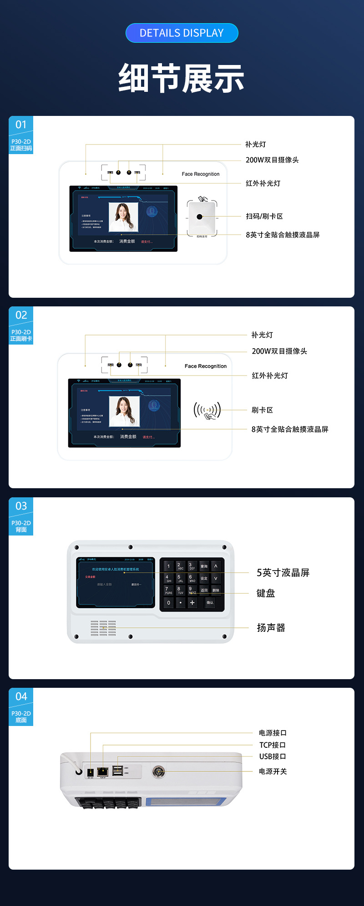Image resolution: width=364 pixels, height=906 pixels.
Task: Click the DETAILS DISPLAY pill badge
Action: pyautogui.click(x=182, y=33)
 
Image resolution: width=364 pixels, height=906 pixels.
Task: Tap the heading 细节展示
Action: pyautogui.click(x=182, y=79)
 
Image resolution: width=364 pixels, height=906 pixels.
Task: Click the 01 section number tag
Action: pyautogui.click(x=21, y=125)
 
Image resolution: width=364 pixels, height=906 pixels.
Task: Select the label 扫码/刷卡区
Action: pyautogui.click(x=264, y=216)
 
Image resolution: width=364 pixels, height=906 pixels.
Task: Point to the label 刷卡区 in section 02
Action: pyautogui.click(x=262, y=410)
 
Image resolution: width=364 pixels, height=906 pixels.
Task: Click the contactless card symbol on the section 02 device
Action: pyautogui.click(x=207, y=410)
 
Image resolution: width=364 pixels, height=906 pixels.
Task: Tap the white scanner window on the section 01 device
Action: pyautogui.click(x=201, y=217)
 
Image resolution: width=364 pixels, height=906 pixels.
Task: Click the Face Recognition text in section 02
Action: pyautogui.click(x=205, y=366)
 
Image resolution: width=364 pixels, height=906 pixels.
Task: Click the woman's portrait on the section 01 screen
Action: pyautogui.click(x=123, y=217)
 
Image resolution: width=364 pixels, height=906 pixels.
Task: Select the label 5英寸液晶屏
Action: pyautogui.click(x=283, y=573)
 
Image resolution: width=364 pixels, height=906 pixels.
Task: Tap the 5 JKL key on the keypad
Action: pyautogui.click(x=180, y=579)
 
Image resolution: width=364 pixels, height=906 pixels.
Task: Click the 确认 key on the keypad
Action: pyautogui.click(x=210, y=603)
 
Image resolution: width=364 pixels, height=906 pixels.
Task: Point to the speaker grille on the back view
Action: pyautogui.click(x=103, y=628)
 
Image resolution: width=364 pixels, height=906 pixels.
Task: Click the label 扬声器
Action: pyautogui.click(x=271, y=628)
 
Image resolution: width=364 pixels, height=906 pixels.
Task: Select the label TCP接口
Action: pyautogui.click(x=273, y=745)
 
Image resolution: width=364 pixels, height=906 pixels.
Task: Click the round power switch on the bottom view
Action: pyautogui.click(x=158, y=771)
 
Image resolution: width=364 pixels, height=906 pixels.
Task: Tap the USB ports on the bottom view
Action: pyautogui.click(x=117, y=770)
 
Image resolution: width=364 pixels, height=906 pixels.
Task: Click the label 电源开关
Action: pyautogui.click(x=273, y=771)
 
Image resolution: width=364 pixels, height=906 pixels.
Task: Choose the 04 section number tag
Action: pyautogui.click(x=21, y=696)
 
